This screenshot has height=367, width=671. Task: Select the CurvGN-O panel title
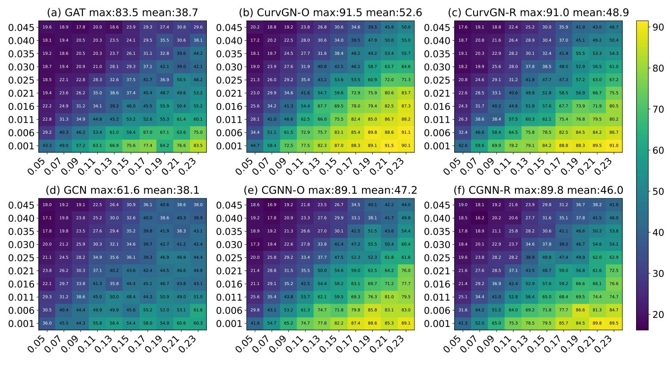point(331,13)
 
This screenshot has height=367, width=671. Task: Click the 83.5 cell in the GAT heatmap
point(198,146)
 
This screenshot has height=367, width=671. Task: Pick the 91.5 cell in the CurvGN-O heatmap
point(389,146)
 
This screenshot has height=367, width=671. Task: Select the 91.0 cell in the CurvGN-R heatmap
point(613,146)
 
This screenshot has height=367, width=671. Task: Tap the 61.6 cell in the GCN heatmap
point(198,311)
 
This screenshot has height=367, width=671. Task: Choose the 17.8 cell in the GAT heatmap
point(81,28)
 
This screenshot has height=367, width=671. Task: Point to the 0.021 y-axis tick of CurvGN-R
point(437,94)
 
